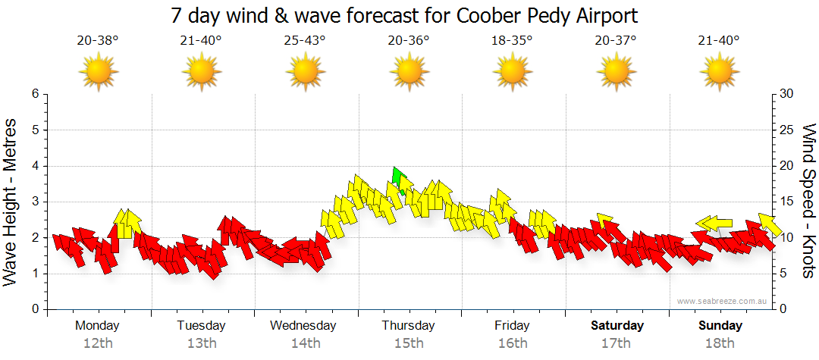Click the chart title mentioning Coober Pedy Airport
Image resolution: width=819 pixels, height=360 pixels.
[405, 15]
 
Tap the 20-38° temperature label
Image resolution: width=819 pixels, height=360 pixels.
[98, 41]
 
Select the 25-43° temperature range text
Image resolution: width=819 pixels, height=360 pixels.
[305, 41]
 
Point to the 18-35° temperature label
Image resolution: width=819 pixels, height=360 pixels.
[512, 41]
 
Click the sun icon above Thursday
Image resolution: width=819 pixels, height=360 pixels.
[409, 73]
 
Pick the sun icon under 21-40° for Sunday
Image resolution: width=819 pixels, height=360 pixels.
[719, 73]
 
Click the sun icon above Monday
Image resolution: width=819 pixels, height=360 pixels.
[98, 73]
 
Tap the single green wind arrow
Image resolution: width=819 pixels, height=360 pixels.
[397, 178]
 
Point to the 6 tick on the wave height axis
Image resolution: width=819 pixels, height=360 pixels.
[34, 94]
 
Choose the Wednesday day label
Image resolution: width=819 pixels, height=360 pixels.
[303, 326]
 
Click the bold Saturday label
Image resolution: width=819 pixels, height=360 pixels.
[617, 326]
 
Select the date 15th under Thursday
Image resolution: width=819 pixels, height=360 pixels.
[409, 343]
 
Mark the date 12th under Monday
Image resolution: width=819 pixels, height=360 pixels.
[97, 343]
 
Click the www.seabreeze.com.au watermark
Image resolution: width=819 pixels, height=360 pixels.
[722, 301]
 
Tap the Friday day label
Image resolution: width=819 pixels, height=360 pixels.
[512, 326]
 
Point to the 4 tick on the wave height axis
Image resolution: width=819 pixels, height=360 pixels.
[34, 166]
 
